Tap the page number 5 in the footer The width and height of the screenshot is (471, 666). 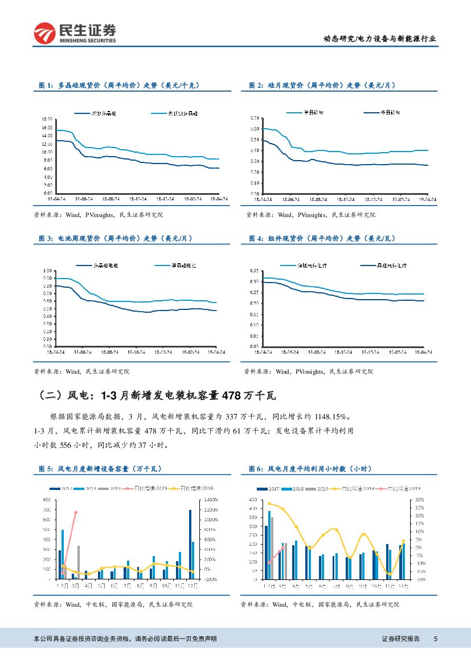coord(436,639)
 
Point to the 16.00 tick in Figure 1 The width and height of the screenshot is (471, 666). coord(47,128)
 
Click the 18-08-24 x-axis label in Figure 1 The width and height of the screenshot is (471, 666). coord(110,199)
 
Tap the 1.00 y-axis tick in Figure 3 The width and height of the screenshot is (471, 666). coord(48,271)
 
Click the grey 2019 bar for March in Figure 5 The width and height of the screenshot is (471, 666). coord(79,562)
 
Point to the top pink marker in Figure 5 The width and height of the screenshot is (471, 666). coord(76,512)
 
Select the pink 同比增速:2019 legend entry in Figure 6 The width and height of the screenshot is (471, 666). coord(404,488)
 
